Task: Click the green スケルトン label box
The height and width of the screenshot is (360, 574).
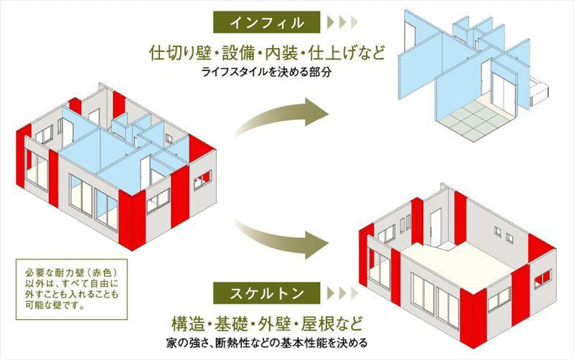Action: pyautogui.click(x=266, y=293)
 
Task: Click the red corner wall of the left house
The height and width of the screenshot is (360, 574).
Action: pyautogui.click(x=132, y=219)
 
